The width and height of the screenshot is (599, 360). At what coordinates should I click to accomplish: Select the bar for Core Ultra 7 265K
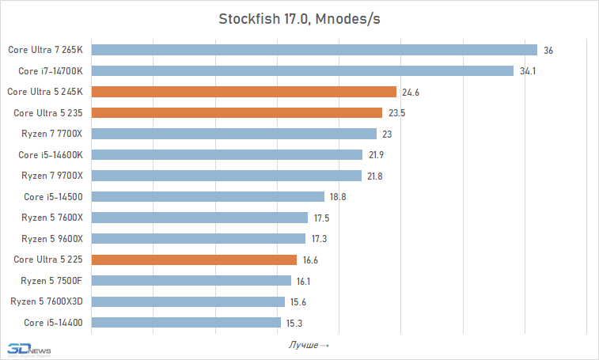[314, 50]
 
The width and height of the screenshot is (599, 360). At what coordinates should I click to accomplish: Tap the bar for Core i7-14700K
[302, 71]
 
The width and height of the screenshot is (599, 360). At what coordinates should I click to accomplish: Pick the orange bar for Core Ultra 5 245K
[244, 92]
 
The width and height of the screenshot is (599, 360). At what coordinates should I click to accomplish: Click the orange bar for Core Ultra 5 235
[237, 113]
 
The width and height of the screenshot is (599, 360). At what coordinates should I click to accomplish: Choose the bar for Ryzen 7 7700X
[234, 134]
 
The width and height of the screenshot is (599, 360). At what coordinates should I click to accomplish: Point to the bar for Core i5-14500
[208, 196]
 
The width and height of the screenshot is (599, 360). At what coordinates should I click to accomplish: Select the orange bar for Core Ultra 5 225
[194, 260]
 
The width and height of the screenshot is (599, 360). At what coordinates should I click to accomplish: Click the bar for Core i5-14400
[186, 322]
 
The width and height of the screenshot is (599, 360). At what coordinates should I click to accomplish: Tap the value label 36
[548, 51]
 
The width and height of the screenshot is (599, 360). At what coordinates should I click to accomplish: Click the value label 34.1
[528, 71]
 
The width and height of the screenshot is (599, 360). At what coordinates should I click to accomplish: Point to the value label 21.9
[376, 155]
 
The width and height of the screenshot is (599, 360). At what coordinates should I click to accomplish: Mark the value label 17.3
[319, 239]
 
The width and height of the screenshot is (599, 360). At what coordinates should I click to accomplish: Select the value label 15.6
[298, 301]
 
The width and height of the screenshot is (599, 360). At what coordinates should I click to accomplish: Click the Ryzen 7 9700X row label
[52, 176]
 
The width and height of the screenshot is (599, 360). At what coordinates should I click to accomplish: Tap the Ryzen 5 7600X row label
[52, 218]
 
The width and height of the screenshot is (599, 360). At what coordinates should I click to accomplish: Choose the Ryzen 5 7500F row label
[52, 280]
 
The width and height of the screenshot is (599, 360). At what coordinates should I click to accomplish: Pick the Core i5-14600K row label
[51, 155]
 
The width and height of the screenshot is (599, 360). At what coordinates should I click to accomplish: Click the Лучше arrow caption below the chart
[309, 345]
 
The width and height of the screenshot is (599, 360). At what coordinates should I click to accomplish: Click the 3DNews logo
[28, 349]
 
